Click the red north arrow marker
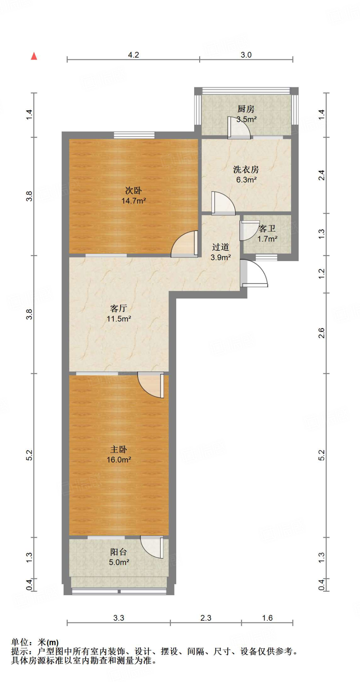34,56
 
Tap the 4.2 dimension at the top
134,55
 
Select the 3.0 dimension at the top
246,55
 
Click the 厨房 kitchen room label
246,109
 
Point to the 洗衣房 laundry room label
246,170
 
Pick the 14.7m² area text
134,201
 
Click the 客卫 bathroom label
267,228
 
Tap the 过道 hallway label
220,247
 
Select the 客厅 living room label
119,308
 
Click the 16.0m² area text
119,460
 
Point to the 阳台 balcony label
119,552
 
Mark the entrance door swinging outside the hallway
255,273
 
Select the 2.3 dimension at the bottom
206,618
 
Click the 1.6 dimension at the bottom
267,618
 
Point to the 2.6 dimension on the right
321,333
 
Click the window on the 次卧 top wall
134,135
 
